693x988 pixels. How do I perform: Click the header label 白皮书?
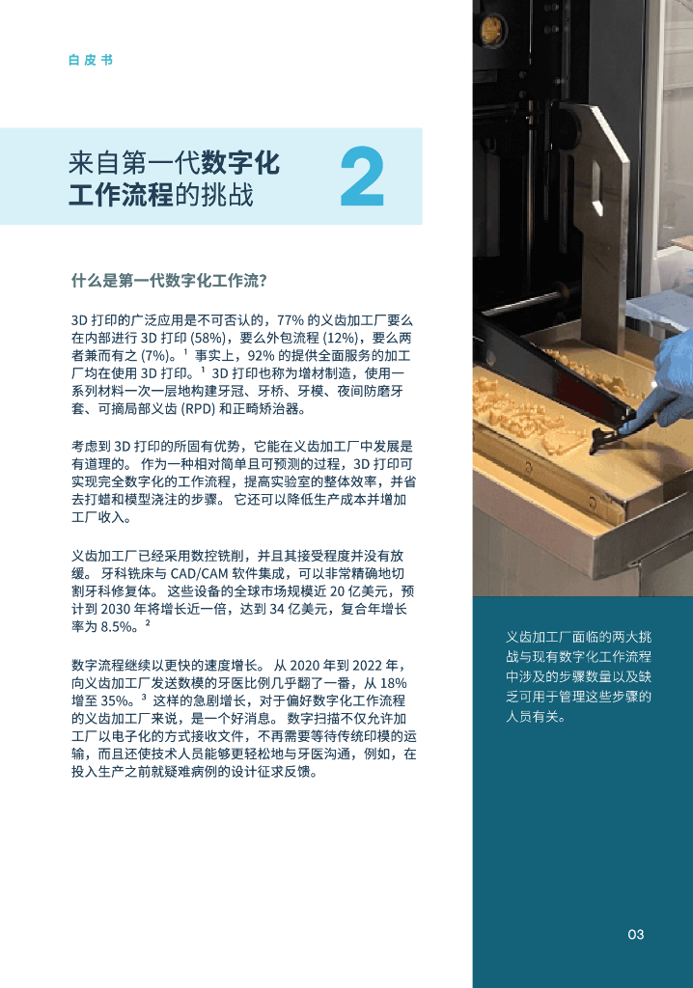coord(91,60)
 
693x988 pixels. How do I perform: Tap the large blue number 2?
coord(362,177)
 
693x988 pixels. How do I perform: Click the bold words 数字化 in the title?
coord(240,162)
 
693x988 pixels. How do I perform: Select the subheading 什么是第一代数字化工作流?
coord(169,281)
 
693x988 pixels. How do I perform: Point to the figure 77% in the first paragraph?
coord(291,320)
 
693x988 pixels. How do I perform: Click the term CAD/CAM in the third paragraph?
coord(199,573)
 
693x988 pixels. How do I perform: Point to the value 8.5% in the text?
coord(118,627)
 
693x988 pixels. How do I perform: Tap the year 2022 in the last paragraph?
coord(367,666)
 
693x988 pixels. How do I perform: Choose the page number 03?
coord(636,934)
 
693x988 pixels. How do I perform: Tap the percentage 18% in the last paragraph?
coord(394,683)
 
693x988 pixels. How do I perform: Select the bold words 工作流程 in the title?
coord(121,194)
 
